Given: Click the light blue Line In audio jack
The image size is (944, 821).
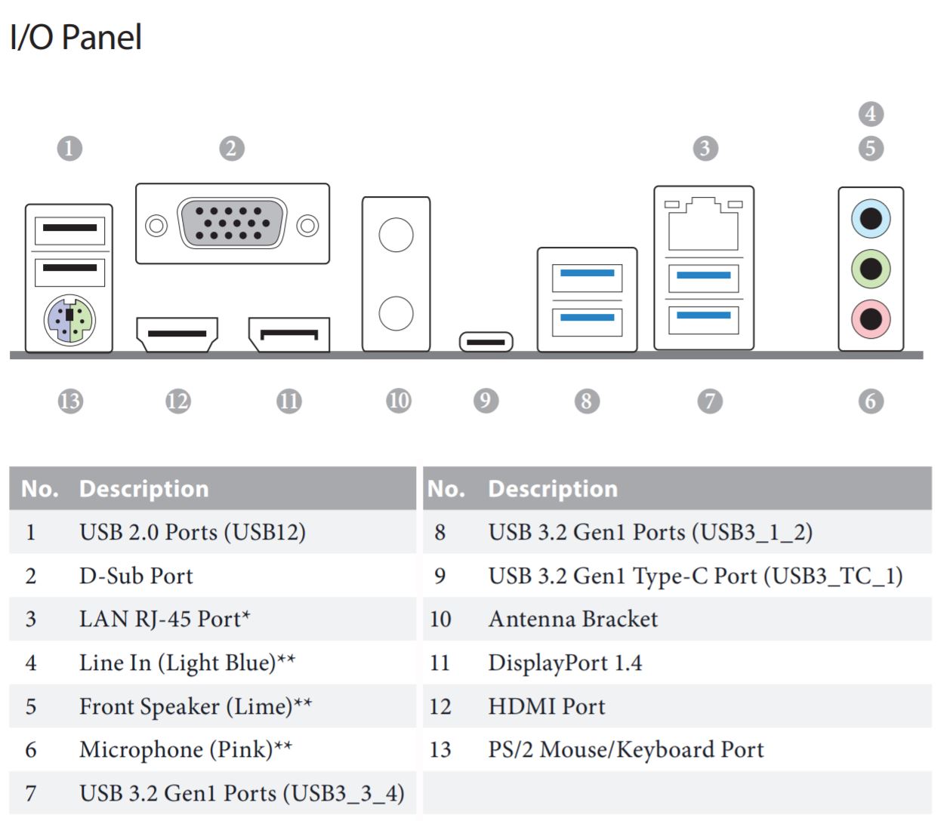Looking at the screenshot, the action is (x=871, y=219).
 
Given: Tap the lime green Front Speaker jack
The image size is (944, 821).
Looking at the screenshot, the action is (x=871, y=269).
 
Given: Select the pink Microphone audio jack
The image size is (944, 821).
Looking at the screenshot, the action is (x=871, y=318).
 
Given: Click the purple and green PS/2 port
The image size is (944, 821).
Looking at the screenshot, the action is (x=69, y=318).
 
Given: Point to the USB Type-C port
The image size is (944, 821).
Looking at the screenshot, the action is (x=486, y=342).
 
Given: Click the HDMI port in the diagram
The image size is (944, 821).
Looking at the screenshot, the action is (x=177, y=334).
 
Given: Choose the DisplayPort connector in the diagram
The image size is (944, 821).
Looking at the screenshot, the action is (x=289, y=334).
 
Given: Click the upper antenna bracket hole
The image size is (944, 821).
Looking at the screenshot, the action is (x=396, y=235).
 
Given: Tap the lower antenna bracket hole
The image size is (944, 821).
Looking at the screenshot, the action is (x=396, y=313).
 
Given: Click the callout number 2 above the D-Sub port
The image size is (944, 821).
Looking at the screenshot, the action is (x=232, y=148).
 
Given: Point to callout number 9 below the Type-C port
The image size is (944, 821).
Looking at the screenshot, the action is (x=486, y=400).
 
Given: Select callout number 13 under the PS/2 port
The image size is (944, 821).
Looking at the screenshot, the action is (x=69, y=400).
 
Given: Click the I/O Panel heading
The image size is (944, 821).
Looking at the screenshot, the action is (x=76, y=37).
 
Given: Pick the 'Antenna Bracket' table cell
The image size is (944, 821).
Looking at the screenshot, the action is (x=572, y=619).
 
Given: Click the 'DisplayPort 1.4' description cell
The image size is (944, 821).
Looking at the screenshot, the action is (x=565, y=663).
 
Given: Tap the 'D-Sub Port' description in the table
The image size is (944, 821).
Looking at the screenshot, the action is (x=136, y=576).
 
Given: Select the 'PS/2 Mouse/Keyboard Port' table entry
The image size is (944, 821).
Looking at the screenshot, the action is (x=625, y=749).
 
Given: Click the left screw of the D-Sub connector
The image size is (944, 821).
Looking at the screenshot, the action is (x=156, y=225).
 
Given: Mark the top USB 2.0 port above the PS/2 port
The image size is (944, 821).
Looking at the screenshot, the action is (x=69, y=229).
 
